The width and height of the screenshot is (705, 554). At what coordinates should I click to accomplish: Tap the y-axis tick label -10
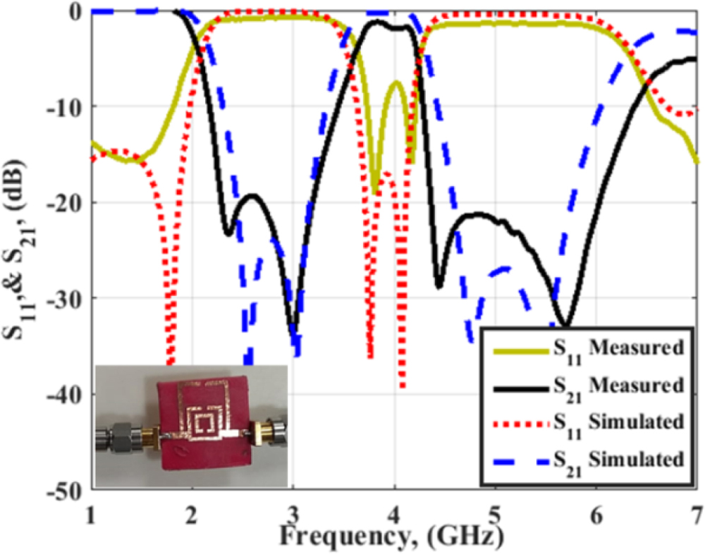pos(66,107)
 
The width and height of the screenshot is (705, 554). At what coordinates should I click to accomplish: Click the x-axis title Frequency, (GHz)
pos(391,535)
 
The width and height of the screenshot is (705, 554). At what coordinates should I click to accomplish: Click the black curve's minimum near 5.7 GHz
pos(565,325)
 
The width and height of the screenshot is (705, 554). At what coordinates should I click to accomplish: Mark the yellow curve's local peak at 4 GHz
pos(396,82)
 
